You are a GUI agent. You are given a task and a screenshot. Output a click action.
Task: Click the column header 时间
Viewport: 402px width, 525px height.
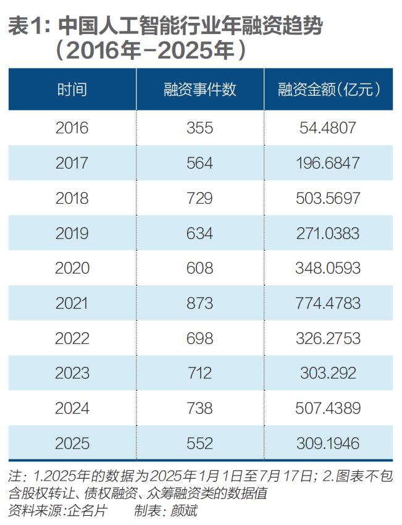tap(72, 90)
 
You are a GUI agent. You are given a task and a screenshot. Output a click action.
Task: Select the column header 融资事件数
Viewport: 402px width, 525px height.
tap(199, 90)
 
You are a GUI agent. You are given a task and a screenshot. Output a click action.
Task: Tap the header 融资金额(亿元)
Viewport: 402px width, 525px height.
tap(328, 90)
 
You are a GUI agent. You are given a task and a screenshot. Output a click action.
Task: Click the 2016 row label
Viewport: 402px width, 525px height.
tap(72, 128)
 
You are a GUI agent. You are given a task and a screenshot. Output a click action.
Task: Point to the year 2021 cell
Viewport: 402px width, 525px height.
tap(72, 303)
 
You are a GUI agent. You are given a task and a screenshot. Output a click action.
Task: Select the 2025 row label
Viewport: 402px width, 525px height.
tap(72, 443)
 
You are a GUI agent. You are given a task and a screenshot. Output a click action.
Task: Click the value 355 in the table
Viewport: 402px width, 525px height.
tap(199, 128)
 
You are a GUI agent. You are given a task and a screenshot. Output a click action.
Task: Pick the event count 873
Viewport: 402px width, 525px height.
tap(199, 303)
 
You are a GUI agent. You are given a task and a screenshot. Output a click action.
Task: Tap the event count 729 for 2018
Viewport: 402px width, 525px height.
tap(199, 198)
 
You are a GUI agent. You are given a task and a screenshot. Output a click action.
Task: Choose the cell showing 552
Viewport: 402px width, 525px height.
tap(199, 443)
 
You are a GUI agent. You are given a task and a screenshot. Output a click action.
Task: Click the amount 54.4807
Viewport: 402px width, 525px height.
tap(328, 128)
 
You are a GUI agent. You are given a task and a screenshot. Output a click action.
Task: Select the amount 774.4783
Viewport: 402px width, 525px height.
tap(328, 303)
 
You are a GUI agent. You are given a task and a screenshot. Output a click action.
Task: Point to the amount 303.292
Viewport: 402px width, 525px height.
tap(328, 373)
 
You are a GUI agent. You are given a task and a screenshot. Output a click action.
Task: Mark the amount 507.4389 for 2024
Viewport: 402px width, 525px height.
tap(328, 408)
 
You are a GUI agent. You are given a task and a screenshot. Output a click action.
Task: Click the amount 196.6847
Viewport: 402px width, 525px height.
tap(328, 163)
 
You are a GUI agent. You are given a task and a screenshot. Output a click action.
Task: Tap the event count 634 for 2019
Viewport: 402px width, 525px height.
tap(199, 233)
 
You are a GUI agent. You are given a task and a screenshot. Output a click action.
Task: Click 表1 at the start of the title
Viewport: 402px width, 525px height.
tap(26, 26)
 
